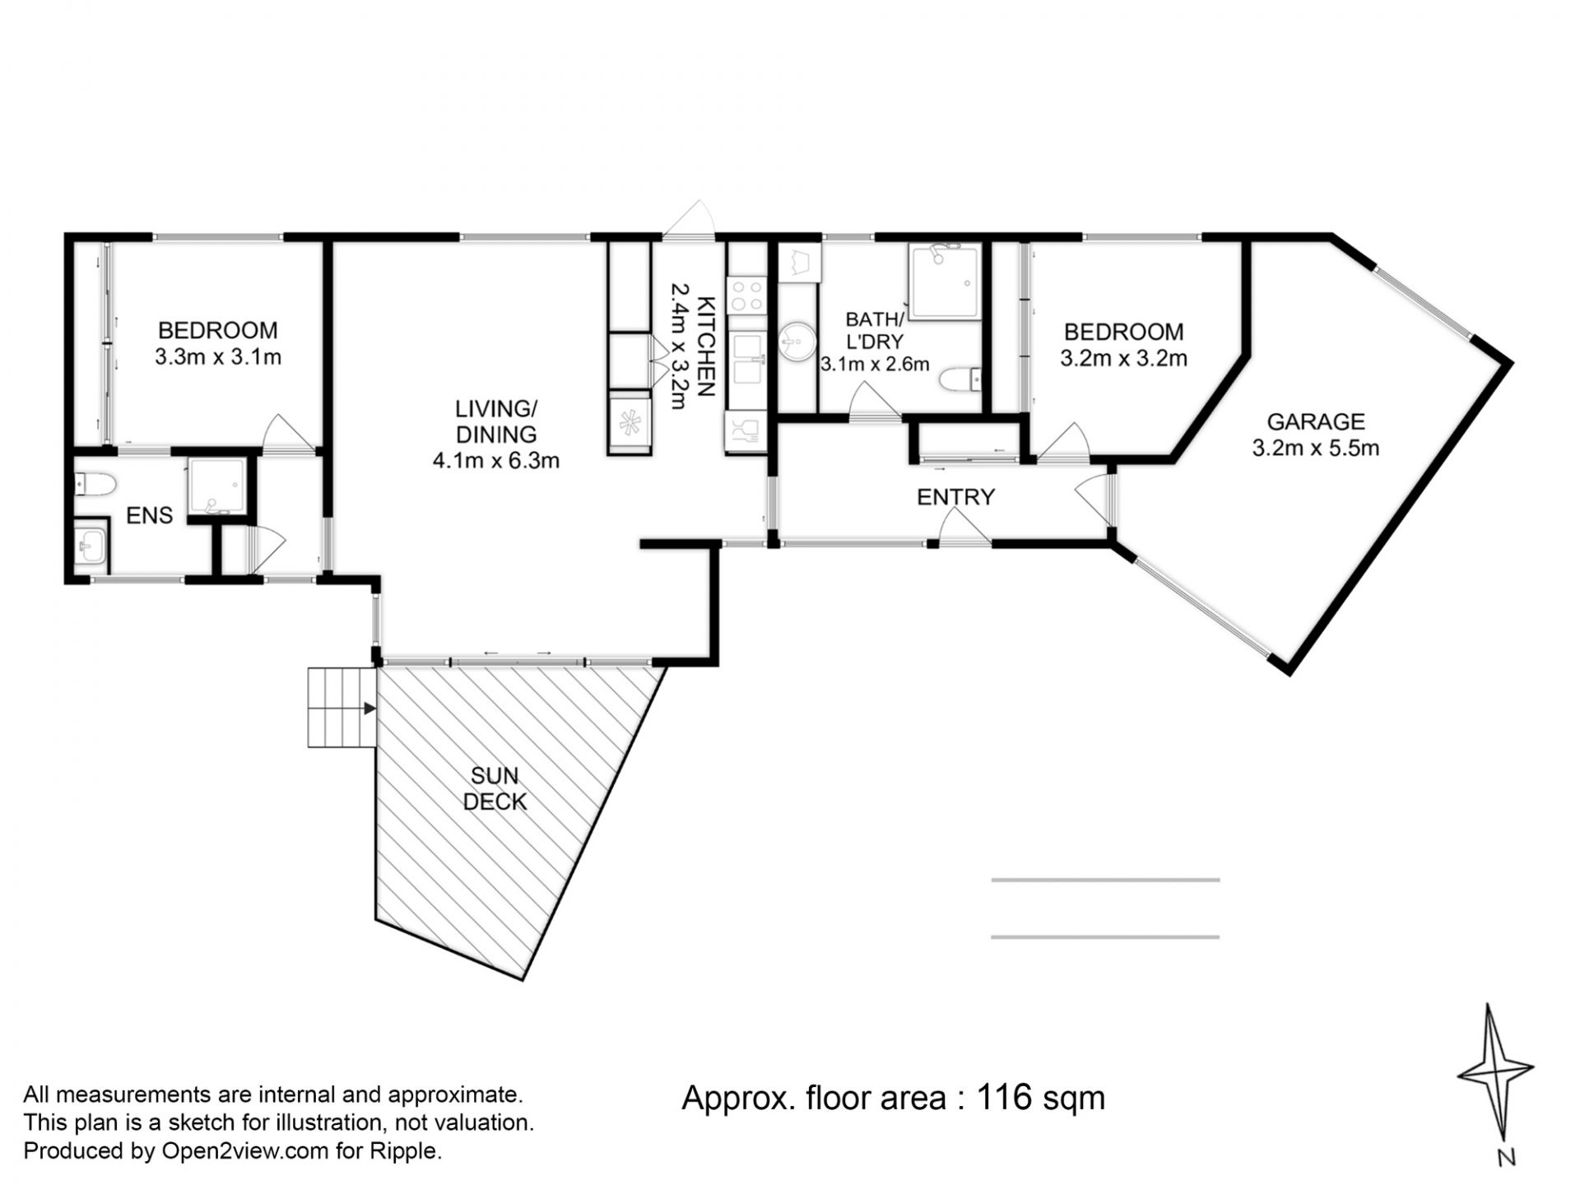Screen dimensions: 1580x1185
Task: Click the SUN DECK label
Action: [495, 788]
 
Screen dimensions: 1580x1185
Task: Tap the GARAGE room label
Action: [1315, 422]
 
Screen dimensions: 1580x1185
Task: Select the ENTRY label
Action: [956, 497]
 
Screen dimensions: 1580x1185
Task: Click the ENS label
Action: [150, 516]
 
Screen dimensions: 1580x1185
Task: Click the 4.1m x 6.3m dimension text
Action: [496, 460]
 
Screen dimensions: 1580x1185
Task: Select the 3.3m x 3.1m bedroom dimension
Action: [218, 357]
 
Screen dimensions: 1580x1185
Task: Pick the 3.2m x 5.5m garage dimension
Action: [1316, 448]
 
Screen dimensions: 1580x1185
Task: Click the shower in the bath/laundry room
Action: [945, 282]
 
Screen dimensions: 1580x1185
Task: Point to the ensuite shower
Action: [216, 486]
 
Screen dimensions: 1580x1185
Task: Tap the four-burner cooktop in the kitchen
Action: [747, 296]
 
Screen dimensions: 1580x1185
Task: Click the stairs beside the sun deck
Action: [342, 708]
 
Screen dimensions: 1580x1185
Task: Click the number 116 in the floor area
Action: [1004, 1097]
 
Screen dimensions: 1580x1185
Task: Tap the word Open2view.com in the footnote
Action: [245, 1150]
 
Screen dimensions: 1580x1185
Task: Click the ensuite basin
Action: [91, 542]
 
